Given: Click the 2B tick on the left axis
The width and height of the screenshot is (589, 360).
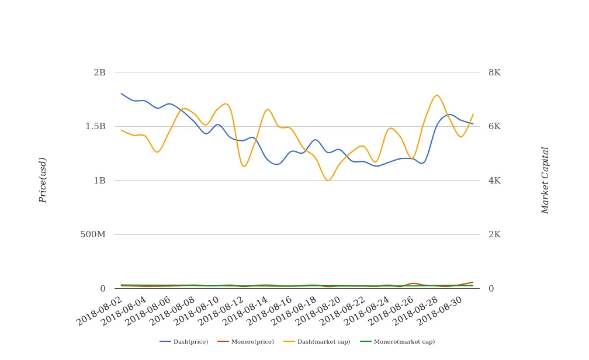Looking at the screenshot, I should tap(99, 72).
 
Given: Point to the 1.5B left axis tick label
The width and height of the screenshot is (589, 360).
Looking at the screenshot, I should tap(96, 126).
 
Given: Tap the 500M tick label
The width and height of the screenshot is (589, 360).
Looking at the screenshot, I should tap(93, 234).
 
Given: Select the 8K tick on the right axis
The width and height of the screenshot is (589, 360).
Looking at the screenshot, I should tap(494, 72).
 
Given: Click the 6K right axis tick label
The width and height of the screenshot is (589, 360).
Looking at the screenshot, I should tap(494, 126).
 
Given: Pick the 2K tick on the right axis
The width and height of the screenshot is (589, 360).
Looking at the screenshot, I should tap(494, 234).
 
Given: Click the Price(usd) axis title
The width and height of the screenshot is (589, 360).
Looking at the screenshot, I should tap(43, 179).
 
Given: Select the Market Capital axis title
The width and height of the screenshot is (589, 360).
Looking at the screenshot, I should tap(545, 180).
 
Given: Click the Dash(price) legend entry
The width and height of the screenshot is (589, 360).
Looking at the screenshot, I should tap(184, 342).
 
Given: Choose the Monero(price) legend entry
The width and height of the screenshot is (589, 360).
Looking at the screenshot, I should tap(246, 342).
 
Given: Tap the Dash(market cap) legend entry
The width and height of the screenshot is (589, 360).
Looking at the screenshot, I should tap(317, 342).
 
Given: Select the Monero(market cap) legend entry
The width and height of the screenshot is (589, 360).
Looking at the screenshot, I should tap(397, 342).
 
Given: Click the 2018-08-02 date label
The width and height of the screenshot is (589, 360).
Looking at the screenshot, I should tap(100, 310).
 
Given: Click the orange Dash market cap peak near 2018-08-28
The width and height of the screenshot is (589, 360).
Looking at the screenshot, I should tap(436, 95).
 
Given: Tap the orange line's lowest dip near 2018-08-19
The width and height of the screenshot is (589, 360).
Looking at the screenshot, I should tap(328, 181).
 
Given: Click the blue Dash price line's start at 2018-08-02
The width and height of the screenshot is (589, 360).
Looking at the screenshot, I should tap(121, 94).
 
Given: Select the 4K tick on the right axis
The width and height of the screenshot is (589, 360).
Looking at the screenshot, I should tap(494, 181).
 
